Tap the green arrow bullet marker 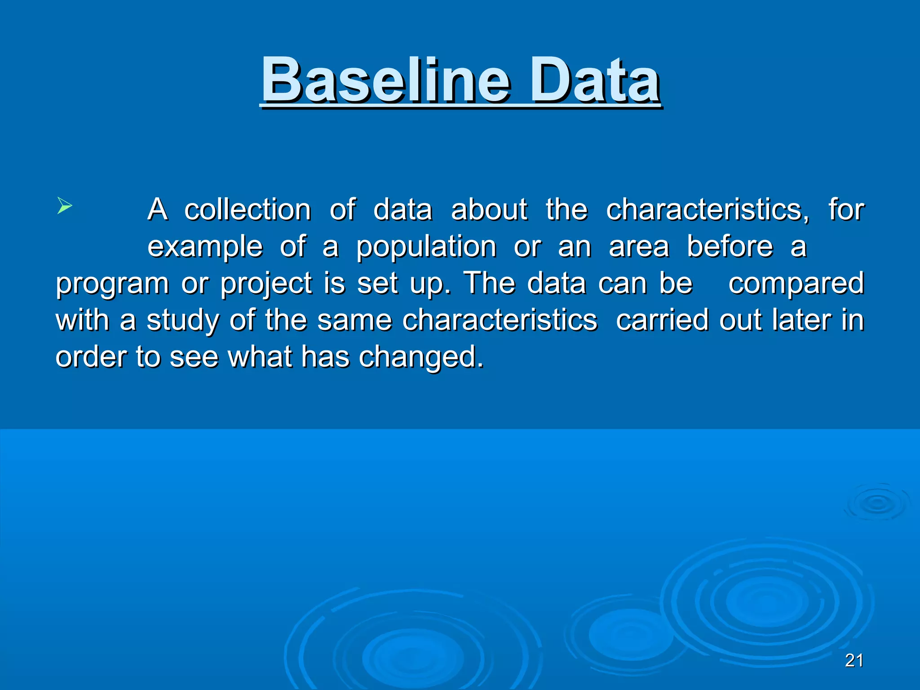pos(65,206)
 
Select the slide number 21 pos(854,660)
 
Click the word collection pos(248,210)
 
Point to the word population pos(426,248)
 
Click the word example pos(205,248)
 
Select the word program pos(112,284)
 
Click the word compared pos(796,283)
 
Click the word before pos(730,247)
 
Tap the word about pos(489,210)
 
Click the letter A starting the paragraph pos(158,210)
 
